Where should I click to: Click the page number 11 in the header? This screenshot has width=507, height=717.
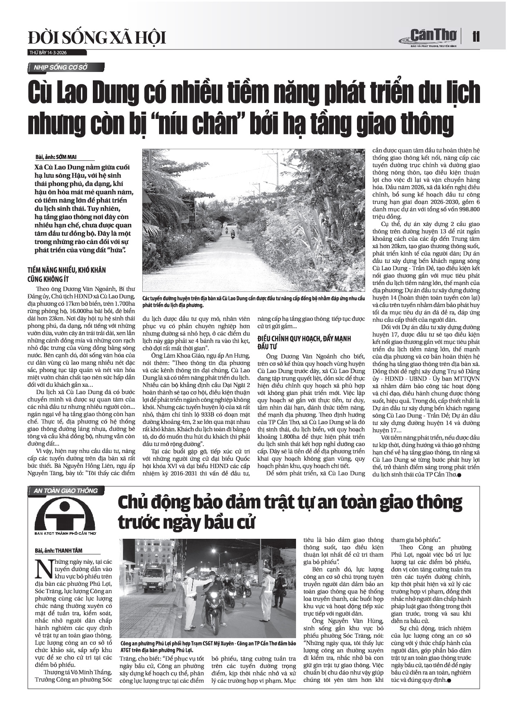tap(476, 37)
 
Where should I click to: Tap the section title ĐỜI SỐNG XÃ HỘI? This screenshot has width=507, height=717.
tap(97, 38)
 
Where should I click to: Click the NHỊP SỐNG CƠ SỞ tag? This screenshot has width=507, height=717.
tap(61, 67)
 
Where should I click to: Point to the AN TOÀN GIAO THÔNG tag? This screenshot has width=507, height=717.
tap(65, 491)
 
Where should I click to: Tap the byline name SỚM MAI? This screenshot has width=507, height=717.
tap(66, 157)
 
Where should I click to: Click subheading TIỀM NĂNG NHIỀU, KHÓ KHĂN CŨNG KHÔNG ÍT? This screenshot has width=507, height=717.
tap(66, 274)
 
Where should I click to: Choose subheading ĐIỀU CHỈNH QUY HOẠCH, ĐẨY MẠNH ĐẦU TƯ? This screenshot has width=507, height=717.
tap(304, 343)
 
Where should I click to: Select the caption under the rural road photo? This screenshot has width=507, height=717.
tap(253, 302)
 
